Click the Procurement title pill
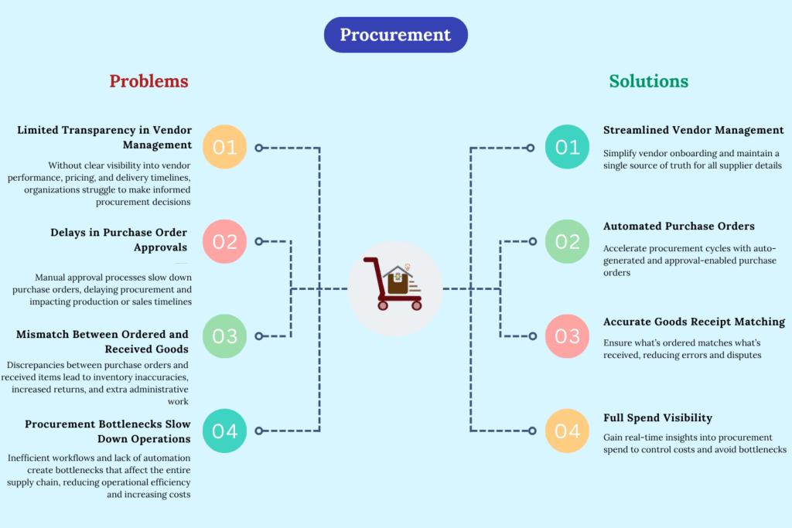(x=395, y=35)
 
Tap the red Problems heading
(x=148, y=81)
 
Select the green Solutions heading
(x=648, y=81)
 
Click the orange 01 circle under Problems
(x=224, y=147)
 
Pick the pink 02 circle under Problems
(x=224, y=241)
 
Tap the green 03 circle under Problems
(x=224, y=336)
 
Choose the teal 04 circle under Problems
(x=224, y=431)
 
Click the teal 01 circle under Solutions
(x=567, y=147)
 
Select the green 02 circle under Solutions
(x=567, y=241)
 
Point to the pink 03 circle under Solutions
(x=567, y=336)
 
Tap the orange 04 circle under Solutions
(x=567, y=431)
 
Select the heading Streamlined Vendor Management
(x=693, y=131)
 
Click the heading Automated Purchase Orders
(x=678, y=227)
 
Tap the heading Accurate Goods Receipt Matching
(x=694, y=322)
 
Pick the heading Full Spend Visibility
(x=657, y=417)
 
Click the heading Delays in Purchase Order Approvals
(x=121, y=240)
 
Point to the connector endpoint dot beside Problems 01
(x=259, y=147)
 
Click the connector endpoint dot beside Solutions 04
(x=531, y=431)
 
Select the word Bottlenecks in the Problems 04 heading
(x=127, y=424)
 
